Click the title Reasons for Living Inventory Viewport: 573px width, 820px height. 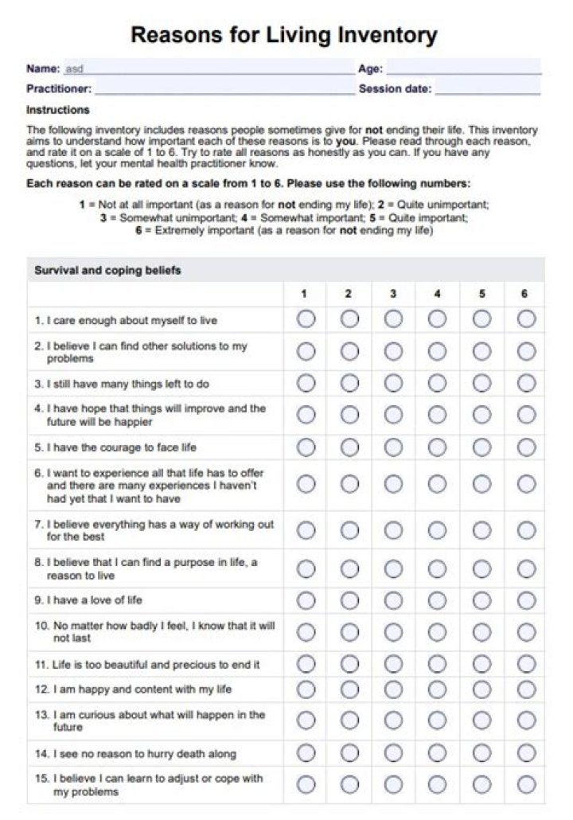(284, 36)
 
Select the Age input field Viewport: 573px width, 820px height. (463, 68)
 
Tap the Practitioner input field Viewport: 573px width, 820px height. (224, 88)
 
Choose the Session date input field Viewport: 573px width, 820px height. (487, 88)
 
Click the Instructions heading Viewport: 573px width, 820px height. (58, 110)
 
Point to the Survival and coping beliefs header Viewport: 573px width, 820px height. (107, 271)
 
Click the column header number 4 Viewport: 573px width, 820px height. (437, 294)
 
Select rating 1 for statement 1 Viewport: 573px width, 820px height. (306, 319)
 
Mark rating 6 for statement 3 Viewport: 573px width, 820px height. (526, 383)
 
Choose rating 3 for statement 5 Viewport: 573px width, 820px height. (393, 447)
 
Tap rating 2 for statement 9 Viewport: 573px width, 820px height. (349, 599)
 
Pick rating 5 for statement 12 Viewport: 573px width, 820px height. (481, 689)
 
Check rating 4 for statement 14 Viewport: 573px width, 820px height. (437, 752)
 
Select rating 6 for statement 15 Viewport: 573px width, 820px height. (526, 784)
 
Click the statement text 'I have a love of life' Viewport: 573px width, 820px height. (94, 600)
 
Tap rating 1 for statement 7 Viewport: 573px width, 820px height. (306, 529)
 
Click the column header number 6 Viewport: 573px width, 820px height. (524, 294)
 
